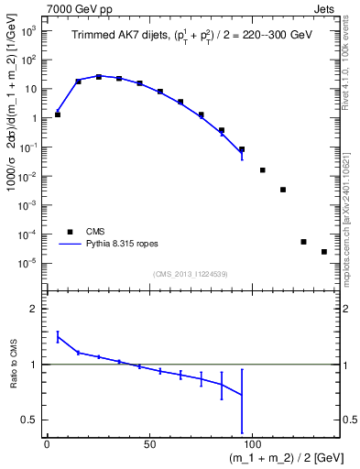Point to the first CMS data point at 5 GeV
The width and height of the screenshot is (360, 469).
tap(58, 115)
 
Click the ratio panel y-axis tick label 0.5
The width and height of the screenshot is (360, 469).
tap(30, 420)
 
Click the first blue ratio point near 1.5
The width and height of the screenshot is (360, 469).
tap(58, 336)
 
